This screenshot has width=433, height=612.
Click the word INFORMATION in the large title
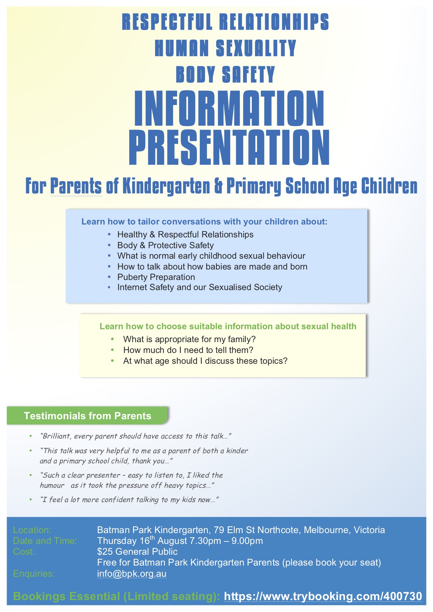[x=229, y=108]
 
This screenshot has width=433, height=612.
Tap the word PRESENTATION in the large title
[x=229, y=147]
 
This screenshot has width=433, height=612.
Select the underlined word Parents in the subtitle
[x=76, y=186]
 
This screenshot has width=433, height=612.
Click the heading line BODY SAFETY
[x=225, y=74]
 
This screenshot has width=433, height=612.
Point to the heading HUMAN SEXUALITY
[x=225, y=48]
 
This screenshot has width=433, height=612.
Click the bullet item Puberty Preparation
[x=156, y=277]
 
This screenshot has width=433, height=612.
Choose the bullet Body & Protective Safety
[x=166, y=245]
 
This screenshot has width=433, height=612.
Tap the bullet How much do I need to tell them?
[x=188, y=350]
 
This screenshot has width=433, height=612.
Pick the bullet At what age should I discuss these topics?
[x=205, y=361]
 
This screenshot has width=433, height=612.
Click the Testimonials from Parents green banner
[x=88, y=416]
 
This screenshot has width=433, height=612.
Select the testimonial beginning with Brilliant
[x=135, y=436]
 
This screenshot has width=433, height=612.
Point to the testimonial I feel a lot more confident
[x=129, y=500]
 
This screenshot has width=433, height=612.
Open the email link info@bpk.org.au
[x=132, y=574]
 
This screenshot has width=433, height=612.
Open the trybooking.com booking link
[x=323, y=596]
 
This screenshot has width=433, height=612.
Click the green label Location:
[x=32, y=530]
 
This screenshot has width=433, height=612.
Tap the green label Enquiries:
[x=34, y=574]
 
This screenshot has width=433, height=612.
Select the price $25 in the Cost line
[x=105, y=552]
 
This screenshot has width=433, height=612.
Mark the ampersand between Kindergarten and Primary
[x=218, y=186]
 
